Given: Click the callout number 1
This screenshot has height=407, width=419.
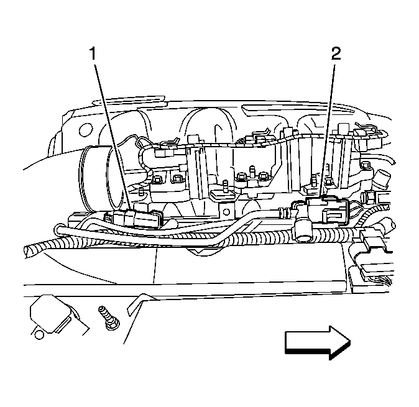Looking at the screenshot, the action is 93,53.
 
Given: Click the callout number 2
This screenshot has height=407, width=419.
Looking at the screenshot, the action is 336,53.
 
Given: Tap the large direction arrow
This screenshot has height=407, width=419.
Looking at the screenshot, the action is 318,342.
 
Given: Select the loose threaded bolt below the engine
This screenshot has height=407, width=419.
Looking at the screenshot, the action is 109,318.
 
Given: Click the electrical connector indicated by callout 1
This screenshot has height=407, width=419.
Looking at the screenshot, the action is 134,219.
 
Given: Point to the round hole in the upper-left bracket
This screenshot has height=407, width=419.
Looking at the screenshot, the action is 86,130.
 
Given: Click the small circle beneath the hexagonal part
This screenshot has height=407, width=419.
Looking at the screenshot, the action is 39,335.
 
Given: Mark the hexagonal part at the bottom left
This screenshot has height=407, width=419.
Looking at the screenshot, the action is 50,314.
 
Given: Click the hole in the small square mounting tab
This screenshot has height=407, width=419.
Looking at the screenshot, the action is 226,212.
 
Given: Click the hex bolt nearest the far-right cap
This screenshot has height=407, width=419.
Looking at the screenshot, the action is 365,165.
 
